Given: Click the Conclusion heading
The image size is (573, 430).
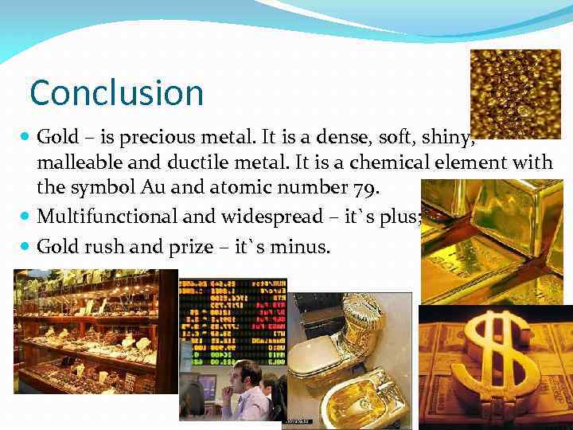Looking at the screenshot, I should [116, 93].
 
